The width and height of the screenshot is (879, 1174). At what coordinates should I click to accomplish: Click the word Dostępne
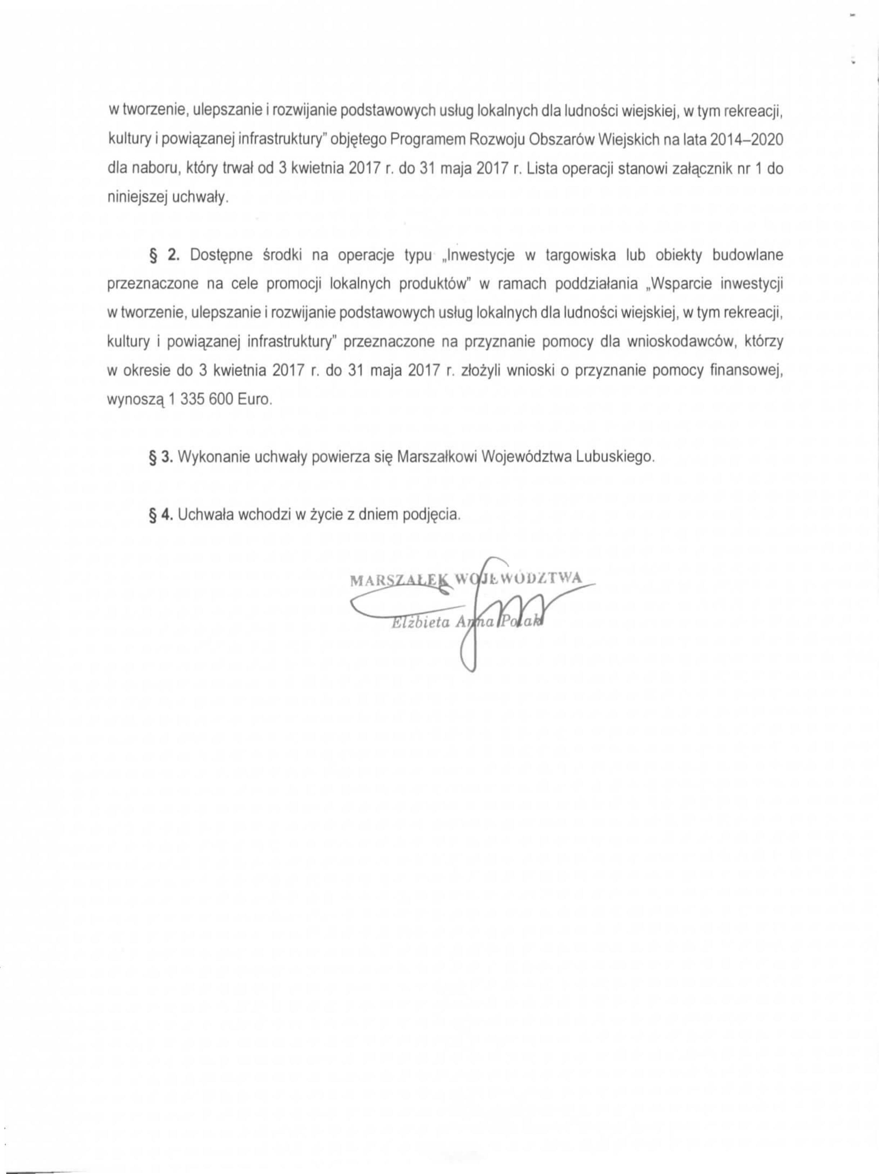[221, 255]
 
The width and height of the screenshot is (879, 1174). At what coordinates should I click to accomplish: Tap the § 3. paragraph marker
[161, 457]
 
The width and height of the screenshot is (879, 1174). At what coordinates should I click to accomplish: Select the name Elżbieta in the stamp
[419, 624]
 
